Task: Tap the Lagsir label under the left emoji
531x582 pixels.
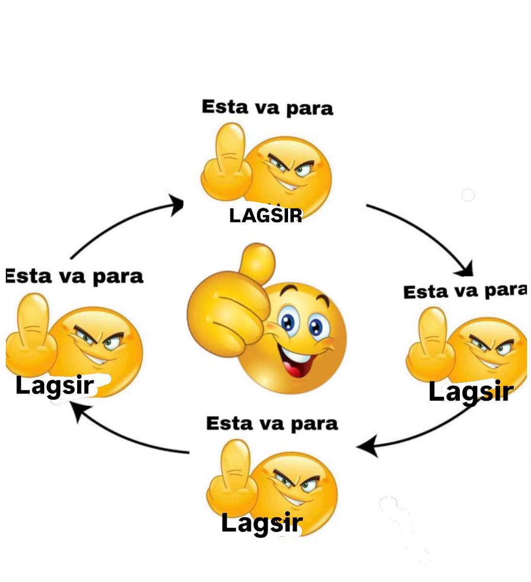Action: pos(54,387)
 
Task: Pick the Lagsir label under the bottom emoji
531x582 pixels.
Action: pos(262,523)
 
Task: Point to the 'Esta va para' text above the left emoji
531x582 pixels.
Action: pos(75,276)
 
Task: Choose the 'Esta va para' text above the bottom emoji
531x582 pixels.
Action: pos(272,424)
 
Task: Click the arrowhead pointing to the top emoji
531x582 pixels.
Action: pos(177,205)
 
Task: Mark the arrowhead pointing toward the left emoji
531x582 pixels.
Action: pos(80,411)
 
